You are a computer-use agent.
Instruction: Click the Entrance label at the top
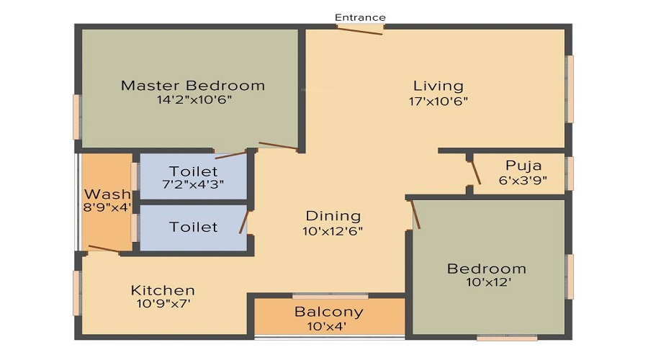point(361,17)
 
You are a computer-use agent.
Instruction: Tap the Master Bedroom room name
point(192,86)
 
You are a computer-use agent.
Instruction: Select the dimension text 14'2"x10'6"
point(194,100)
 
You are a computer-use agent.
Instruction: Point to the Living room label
point(438,86)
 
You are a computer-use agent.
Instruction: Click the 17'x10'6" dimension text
point(438,102)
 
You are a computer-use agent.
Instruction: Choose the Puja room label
point(523,165)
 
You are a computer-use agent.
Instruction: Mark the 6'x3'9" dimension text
point(523,180)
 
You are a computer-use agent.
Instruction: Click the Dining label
point(333,216)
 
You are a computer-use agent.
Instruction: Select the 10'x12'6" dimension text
point(333,231)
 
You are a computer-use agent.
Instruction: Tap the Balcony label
point(329,312)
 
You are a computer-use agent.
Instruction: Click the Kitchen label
point(163,290)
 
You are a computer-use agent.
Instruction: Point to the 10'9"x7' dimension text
point(163,304)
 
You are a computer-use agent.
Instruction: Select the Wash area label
point(107,194)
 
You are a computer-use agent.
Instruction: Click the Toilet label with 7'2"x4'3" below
point(193,171)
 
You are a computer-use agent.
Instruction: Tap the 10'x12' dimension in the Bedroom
point(487,283)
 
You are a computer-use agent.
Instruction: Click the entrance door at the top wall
point(361,29)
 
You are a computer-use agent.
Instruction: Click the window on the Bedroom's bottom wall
point(507,337)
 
